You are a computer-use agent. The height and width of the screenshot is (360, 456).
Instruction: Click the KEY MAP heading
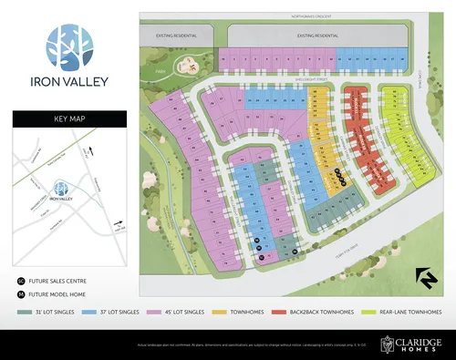(x=67, y=118)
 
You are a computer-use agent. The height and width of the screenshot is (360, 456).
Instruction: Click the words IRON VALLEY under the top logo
(x=67, y=81)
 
